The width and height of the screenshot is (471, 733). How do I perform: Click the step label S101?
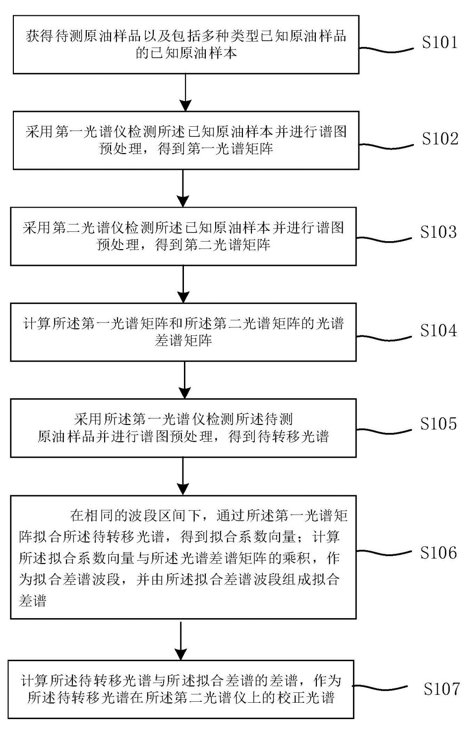[x=439, y=43]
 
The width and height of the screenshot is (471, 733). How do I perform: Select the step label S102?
[x=439, y=139]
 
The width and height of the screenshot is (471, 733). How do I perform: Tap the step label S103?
[x=438, y=232]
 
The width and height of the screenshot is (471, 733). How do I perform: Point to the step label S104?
[x=438, y=331]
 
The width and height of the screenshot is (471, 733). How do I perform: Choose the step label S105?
[x=438, y=424]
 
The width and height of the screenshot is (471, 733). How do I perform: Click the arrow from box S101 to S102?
[x=185, y=92]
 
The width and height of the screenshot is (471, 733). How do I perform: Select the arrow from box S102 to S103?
[x=183, y=188]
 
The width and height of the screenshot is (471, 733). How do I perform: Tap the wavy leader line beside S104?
[x=384, y=336]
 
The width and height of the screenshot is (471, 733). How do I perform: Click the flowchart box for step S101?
[x=186, y=45]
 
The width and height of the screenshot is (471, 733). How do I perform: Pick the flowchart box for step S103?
[x=183, y=236]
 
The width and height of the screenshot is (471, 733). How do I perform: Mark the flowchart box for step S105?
[x=183, y=428]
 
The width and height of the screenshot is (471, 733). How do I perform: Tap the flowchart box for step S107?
[x=181, y=689]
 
